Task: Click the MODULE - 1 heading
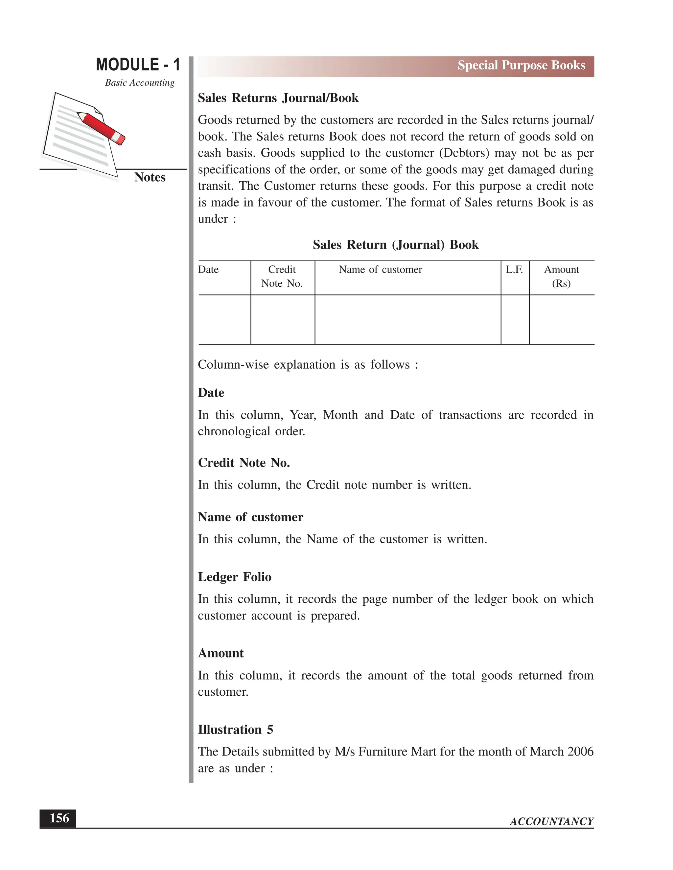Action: (x=138, y=65)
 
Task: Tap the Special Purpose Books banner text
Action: (x=521, y=65)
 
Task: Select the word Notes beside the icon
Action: (x=150, y=177)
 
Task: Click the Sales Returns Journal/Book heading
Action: (x=278, y=98)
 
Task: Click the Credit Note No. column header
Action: (x=282, y=276)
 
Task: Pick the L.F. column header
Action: (x=514, y=270)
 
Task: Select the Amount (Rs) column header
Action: (x=561, y=276)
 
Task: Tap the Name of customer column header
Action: (x=380, y=270)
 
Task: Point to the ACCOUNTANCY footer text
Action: (x=551, y=821)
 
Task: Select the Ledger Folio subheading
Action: (x=234, y=577)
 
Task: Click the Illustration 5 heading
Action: (x=235, y=729)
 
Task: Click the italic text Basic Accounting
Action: (x=140, y=83)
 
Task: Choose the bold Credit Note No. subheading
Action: (x=244, y=463)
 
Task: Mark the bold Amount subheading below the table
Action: (x=220, y=653)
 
